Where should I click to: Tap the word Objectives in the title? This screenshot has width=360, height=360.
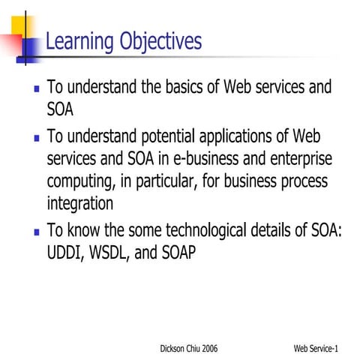pyautogui.click(x=159, y=41)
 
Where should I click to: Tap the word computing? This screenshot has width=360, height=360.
pyautogui.click(x=79, y=182)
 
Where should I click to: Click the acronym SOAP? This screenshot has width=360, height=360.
pyautogui.click(x=177, y=252)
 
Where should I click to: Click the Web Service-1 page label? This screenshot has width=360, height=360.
pyautogui.click(x=316, y=349)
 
